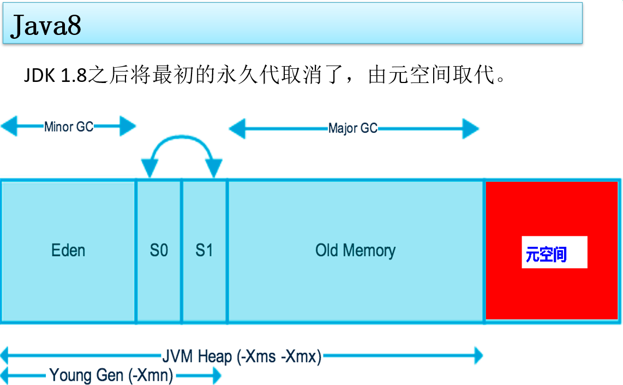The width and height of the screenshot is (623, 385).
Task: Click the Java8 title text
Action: click(x=46, y=25)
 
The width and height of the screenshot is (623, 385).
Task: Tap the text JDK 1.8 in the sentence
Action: click(x=55, y=75)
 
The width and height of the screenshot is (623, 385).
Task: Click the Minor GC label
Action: click(x=69, y=127)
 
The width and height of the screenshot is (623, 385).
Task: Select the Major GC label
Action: click(x=352, y=129)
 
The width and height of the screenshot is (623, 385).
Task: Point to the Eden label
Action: click(x=68, y=251)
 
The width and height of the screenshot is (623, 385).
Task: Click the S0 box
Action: click(x=159, y=251)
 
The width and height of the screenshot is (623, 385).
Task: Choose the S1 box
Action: click(x=204, y=251)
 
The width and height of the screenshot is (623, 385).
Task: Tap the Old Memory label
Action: click(x=355, y=251)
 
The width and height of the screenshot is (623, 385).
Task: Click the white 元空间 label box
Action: click(x=554, y=252)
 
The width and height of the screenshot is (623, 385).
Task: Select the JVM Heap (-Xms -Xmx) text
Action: click(x=242, y=357)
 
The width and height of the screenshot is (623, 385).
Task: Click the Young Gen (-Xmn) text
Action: click(x=111, y=376)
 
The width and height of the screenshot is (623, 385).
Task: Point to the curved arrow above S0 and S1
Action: click(x=181, y=141)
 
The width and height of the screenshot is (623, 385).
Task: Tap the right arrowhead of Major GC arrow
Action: click(x=471, y=129)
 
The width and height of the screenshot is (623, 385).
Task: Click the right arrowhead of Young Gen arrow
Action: click(x=215, y=376)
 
